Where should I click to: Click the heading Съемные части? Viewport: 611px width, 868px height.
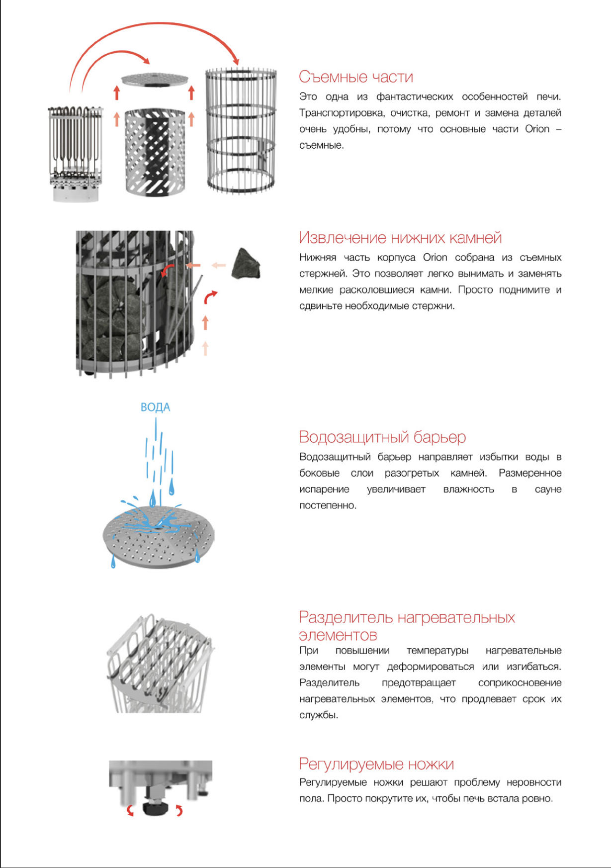click(x=356, y=77)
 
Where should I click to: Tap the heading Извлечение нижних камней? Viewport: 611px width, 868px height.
click(x=400, y=238)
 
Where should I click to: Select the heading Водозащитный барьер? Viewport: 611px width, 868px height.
click(x=382, y=437)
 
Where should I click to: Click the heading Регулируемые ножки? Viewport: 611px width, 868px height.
click(x=376, y=764)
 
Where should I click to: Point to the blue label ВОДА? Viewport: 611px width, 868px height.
click(x=155, y=407)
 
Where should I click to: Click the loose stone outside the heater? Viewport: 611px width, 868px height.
click(x=246, y=264)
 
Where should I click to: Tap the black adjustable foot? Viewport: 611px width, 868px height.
click(x=154, y=808)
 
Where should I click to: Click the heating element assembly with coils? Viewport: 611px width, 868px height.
click(x=76, y=149)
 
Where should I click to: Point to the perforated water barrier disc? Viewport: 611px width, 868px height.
click(x=159, y=537)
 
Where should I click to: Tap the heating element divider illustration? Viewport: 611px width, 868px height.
click(x=159, y=664)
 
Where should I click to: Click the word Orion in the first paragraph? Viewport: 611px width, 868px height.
click(x=537, y=129)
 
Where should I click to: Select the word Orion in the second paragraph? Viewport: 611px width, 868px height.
click(x=435, y=258)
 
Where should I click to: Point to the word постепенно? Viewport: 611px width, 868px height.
click(x=328, y=506)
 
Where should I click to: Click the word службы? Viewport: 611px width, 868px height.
click(x=318, y=715)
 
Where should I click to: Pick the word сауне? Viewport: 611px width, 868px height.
click(x=548, y=489)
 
